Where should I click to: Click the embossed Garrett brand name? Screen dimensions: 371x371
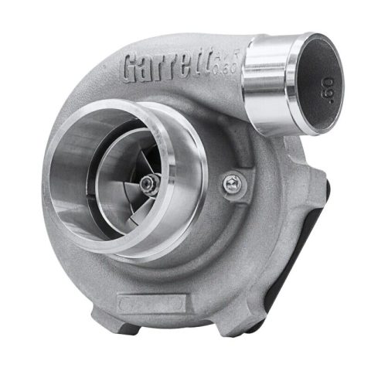(x=175, y=67)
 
